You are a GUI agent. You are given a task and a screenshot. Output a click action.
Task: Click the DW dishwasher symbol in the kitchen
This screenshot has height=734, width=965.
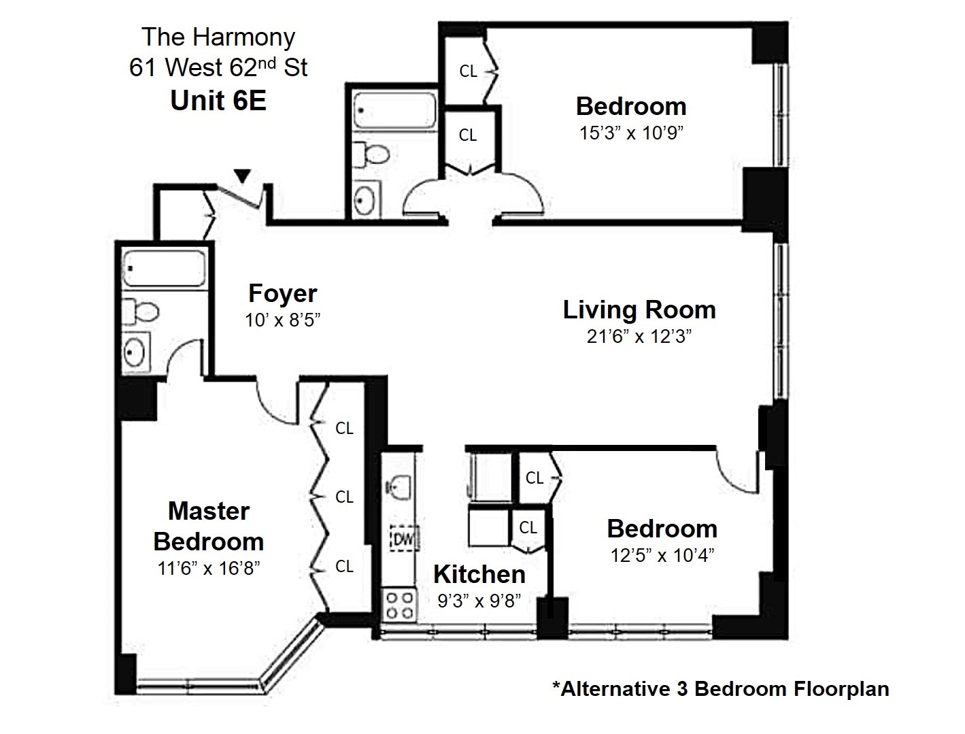tap(403, 540)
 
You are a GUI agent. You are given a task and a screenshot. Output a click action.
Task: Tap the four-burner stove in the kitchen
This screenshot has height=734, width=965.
tap(400, 604)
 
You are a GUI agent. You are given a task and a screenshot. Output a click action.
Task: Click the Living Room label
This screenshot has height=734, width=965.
tap(639, 310)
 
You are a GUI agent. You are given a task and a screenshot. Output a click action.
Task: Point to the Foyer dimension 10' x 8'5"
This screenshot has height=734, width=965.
tap(283, 320)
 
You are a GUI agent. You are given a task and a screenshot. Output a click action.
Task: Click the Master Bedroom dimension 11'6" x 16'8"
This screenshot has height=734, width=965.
tap(208, 569)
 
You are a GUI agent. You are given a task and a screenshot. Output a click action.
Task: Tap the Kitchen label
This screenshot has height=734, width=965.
tap(479, 575)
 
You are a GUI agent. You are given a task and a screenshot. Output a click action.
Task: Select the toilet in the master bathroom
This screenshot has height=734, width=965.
tap(143, 312)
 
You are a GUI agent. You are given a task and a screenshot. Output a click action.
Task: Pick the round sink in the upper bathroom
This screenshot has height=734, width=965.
tap(367, 199)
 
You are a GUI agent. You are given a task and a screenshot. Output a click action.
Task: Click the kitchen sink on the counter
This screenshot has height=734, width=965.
tap(398, 485)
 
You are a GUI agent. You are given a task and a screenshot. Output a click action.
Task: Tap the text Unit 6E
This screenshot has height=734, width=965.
tap(218, 101)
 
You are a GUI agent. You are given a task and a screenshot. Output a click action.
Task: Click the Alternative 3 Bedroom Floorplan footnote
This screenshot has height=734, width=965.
tap(720, 689)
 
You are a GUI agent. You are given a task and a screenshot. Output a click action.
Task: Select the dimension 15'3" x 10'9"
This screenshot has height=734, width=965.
tap(630, 133)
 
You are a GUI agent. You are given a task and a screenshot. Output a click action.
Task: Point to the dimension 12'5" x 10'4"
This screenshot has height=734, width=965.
tap(662, 556)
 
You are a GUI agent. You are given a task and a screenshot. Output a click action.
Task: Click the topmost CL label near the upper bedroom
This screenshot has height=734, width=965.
tap(469, 71)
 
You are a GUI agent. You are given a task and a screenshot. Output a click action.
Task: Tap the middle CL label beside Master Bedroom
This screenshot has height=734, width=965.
tap(345, 497)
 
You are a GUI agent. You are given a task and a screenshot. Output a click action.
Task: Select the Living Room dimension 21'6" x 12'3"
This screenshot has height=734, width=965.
tap(639, 337)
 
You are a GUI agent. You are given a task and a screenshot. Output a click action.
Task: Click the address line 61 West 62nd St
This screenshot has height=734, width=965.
tap(218, 68)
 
